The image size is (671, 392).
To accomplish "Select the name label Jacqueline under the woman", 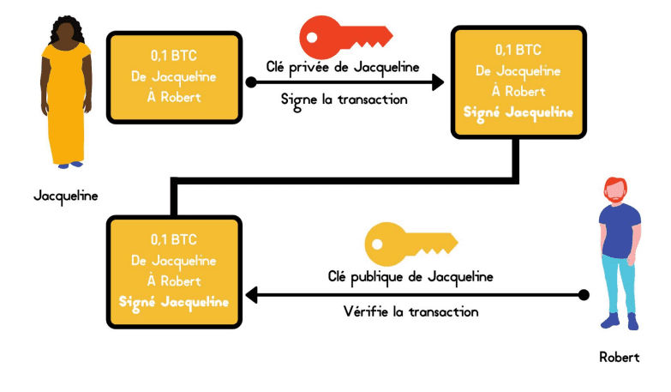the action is click(66, 196).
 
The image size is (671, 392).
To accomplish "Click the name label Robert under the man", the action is click(620, 357).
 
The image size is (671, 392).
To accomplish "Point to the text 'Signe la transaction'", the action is click(344, 100).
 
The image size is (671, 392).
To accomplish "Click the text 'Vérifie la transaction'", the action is click(410, 311).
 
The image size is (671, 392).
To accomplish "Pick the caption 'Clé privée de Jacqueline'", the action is click(343, 68).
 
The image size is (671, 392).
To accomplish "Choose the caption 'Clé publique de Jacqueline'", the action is click(410, 277).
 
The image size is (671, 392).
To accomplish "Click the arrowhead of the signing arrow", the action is click(438, 81).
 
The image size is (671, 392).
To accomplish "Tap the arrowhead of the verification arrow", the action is click(251, 295).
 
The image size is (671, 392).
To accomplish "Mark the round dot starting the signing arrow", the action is click(251, 81).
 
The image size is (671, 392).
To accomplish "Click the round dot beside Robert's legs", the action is click(584, 295).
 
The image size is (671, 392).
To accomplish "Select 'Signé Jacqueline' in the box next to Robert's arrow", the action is click(174, 303).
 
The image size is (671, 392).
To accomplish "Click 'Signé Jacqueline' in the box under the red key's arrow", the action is click(518, 112).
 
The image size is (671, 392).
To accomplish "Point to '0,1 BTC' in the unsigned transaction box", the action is click(174, 56).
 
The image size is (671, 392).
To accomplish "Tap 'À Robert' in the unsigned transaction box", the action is click(174, 97).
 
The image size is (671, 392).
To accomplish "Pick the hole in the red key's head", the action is click(312, 37).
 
